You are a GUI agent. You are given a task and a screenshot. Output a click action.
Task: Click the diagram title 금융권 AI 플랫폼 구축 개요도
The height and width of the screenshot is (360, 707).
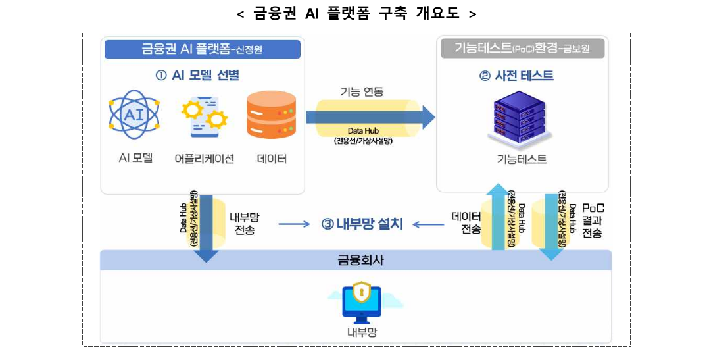point(356,13)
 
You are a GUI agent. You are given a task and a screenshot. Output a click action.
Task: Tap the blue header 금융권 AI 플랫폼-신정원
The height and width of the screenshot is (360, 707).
point(202,49)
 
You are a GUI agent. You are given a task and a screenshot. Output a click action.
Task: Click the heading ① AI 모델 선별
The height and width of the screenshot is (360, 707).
point(197,76)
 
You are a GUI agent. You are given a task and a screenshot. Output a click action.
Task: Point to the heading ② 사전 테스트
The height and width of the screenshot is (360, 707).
point(516,76)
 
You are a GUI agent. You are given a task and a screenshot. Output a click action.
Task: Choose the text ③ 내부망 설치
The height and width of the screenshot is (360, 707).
point(362,224)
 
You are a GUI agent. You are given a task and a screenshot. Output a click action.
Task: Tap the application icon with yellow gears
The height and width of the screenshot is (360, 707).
point(205,116)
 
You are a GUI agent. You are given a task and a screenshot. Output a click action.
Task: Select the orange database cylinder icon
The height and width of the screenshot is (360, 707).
point(272,116)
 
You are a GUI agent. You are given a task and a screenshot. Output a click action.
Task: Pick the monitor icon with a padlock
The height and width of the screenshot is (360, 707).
point(362,299)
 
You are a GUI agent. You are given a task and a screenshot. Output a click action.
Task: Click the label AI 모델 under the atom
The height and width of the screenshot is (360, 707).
point(135,158)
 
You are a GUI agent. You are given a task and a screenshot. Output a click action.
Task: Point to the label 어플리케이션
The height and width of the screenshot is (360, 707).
point(205,159)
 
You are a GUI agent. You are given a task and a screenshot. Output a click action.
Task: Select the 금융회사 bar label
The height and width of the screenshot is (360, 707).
point(356,260)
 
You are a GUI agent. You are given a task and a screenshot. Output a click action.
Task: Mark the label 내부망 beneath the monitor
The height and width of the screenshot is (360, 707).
point(362,332)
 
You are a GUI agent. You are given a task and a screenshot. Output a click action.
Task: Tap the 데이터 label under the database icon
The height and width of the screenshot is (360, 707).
point(272,159)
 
